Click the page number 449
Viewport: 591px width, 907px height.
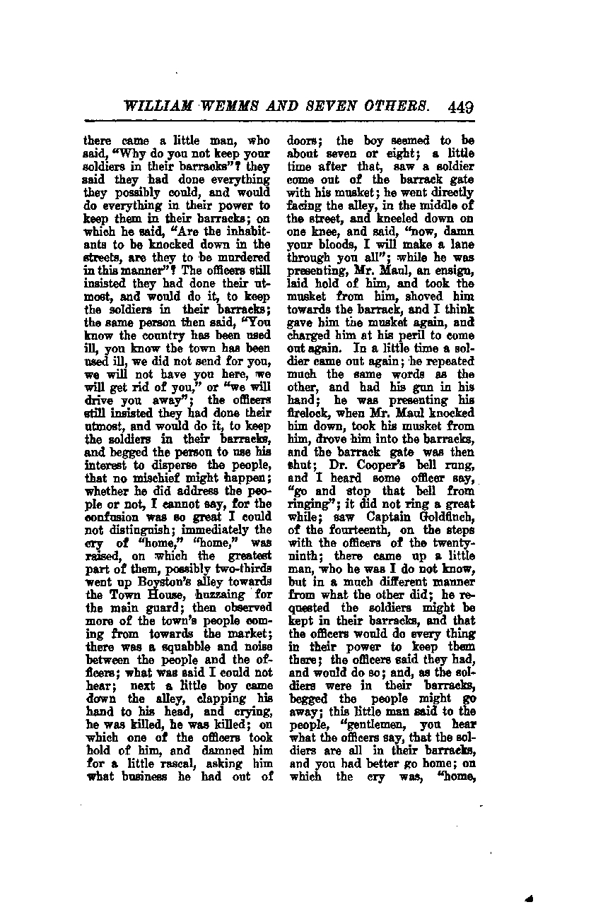pyautogui.click(x=460, y=107)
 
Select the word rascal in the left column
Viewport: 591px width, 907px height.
pyautogui.click(x=134, y=764)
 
